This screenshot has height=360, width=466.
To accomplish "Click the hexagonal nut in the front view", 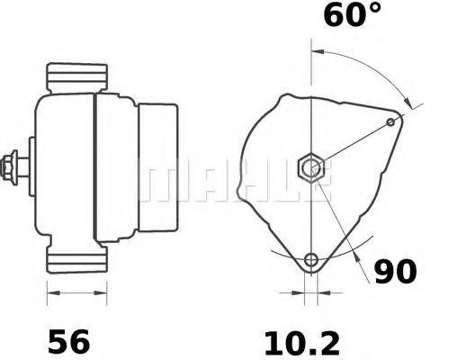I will point(311,166).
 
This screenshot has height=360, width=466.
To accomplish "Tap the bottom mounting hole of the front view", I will point(311,260).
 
